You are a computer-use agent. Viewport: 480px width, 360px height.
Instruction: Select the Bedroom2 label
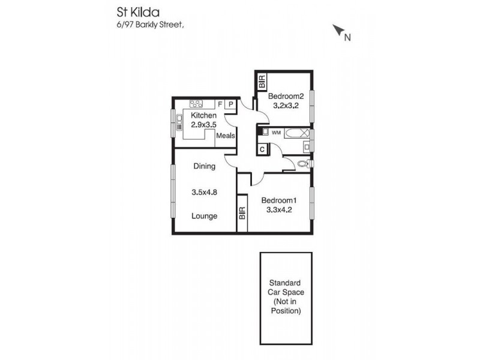coord(286,97)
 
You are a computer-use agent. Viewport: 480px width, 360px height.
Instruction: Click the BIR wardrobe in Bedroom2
coord(262,82)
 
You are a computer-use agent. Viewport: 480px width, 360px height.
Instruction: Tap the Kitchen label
coord(203,115)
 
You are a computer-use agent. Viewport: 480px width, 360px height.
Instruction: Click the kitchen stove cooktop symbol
coord(199,103)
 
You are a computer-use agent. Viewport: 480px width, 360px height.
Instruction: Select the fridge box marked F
coord(220,104)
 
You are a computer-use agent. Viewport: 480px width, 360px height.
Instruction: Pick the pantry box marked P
coord(230,104)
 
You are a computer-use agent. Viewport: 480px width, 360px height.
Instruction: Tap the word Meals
coord(226,136)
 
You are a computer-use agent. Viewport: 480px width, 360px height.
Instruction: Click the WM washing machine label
coord(276,132)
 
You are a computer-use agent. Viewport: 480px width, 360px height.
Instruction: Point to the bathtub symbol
coord(297,133)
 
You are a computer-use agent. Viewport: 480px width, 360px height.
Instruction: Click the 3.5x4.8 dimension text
coord(203,193)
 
